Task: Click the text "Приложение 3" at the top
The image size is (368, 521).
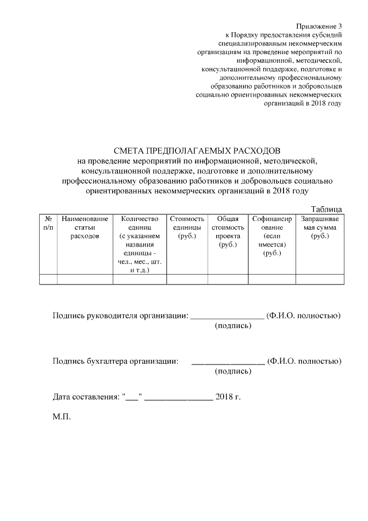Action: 319,26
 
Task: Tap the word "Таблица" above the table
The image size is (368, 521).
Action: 327,209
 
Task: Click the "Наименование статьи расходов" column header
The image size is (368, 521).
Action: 85,227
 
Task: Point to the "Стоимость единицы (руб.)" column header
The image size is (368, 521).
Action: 187,227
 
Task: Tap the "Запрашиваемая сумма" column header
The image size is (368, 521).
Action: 320,227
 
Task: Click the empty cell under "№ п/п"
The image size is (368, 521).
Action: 48,280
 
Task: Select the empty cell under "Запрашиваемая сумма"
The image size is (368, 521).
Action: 320,280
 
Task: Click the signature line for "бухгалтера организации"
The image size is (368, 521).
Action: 228,363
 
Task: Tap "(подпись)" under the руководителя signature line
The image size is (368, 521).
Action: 233,326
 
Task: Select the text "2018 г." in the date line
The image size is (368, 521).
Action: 227,397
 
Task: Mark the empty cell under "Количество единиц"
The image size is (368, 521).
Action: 139,280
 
